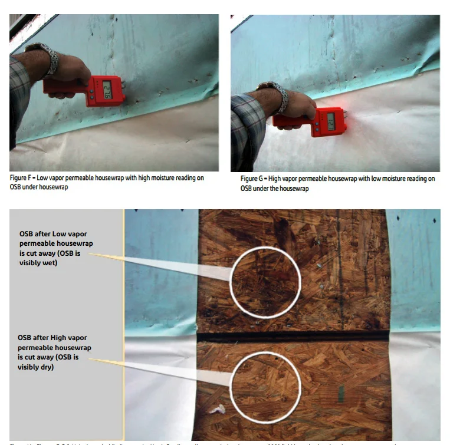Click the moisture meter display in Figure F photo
(x=108, y=93)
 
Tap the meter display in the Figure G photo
(x=331, y=122)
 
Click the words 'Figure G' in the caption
(x=254, y=179)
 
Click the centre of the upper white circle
(x=265, y=282)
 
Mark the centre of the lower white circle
(x=265, y=386)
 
